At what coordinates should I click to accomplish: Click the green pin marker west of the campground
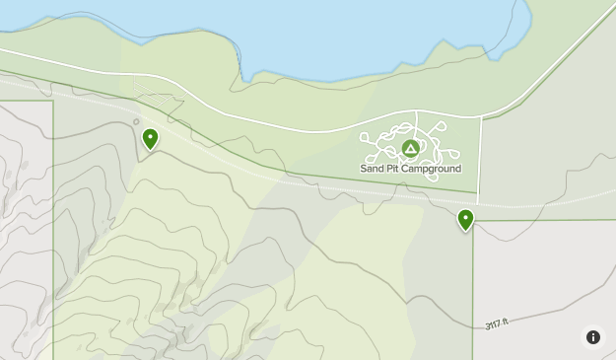[x=150, y=139]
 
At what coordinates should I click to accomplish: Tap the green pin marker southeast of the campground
[x=465, y=219]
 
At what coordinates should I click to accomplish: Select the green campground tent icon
[x=410, y=149]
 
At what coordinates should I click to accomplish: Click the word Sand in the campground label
[x=372, y=169]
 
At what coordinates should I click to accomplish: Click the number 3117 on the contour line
[x=493, y=324]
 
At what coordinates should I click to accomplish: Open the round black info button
[x=593, y=337]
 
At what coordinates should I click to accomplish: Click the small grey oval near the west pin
[x=136, y=122]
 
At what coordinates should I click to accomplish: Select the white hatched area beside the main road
[x=158, y=99]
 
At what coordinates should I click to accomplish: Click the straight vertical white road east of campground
[x=480, y=158]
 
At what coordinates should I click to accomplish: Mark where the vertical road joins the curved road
[x=481, y=117]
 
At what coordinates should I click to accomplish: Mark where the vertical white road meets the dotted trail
[x=478, y=203]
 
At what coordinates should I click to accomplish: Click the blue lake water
[x=375, y=30]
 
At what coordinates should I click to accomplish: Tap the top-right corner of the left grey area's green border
[x=53, y=101]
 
